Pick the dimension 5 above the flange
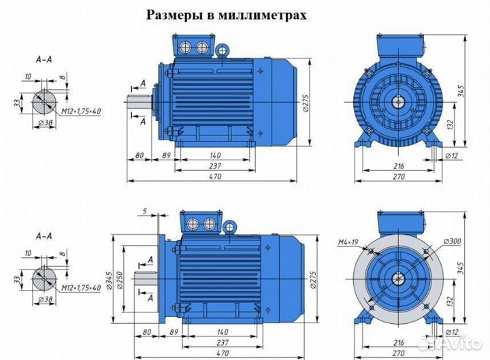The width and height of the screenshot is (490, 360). (x=144, y=211)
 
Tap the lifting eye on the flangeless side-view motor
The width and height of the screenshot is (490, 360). (x=222, y=50)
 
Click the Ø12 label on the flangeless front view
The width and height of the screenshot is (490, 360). (x=450, y=156)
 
